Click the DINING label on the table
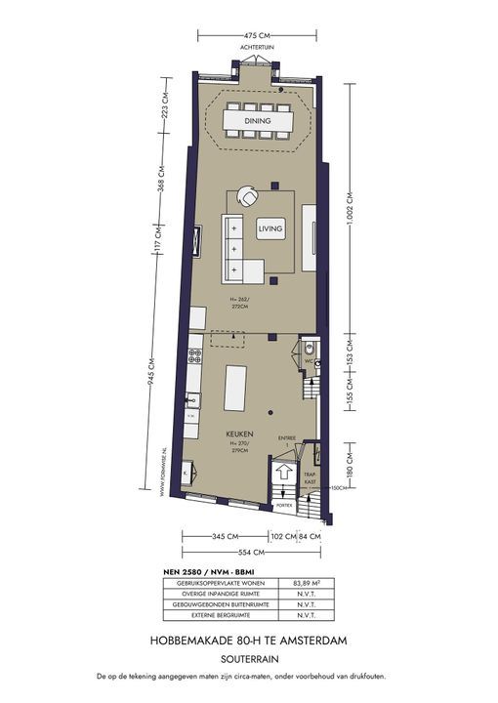click(258, 121)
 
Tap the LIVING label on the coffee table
click(270, 228)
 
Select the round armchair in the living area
click(251, 198)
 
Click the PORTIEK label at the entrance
click(283, 505)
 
